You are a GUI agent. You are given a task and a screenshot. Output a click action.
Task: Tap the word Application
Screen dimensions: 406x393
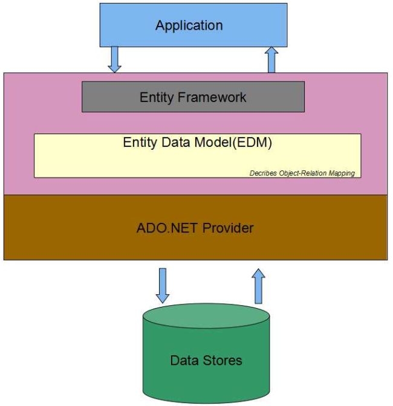pos(189,25)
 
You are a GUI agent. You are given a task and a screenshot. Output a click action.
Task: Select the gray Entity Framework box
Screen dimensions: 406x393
pos(193,97)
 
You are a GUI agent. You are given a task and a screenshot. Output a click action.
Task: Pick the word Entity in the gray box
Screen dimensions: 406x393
pos(156,97)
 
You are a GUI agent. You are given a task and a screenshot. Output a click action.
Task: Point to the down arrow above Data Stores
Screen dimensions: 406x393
pos(163,285)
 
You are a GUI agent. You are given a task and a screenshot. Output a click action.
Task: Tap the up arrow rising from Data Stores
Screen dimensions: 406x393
pos(259,285)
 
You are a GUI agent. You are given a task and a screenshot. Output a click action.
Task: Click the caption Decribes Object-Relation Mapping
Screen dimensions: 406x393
pos(302,173)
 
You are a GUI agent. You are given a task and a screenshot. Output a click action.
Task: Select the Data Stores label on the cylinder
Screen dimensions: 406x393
pos(206,361)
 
